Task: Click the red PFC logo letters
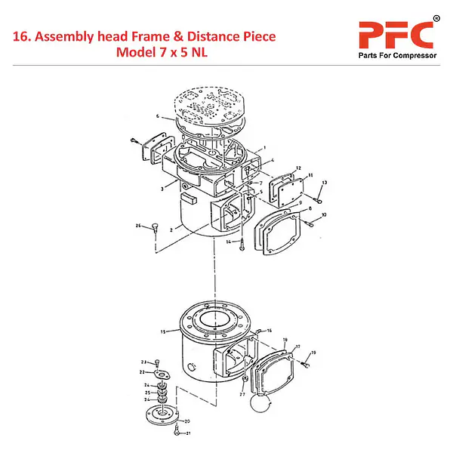394,35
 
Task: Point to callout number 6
158,117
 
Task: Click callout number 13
325,183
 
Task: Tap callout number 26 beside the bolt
138,226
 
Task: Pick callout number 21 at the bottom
188,433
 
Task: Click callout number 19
314,353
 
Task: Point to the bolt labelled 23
157,363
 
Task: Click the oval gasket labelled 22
161,374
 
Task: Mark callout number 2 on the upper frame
173,228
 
